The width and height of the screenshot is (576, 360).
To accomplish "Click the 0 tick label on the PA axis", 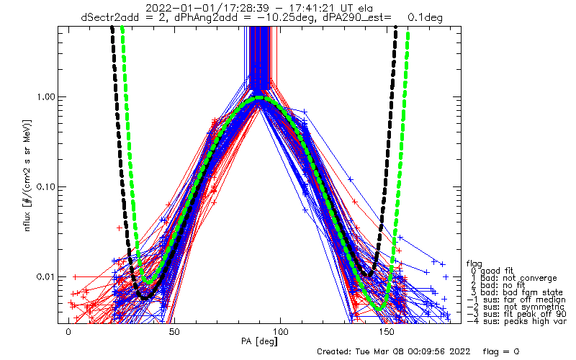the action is (x=68, y=332).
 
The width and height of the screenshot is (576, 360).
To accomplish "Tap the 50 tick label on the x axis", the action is (x=174, y=332).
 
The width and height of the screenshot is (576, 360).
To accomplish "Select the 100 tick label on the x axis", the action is (x=281, y=332).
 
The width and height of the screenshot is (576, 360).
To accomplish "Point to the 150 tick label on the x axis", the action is (x=387, y=332).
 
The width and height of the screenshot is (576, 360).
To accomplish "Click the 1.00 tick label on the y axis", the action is (x=45, y=97).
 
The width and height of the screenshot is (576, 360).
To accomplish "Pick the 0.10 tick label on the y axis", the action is (x=45, y=187).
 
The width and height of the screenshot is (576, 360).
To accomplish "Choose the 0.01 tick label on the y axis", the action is (x=45, y=276).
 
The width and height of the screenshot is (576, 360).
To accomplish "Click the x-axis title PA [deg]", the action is (x=259, y=341).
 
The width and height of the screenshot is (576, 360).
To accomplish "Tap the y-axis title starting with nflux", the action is (x=27, y=175).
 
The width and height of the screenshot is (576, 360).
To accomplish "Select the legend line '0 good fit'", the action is (x=492, y=271).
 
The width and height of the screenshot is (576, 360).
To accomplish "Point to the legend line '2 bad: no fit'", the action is (x=498, y=285).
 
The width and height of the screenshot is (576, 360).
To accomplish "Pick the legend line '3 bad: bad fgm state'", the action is (x=516, y=292).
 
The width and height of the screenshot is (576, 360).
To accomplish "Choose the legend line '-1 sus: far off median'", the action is (x=516, y=300).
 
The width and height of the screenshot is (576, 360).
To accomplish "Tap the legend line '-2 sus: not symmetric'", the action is (x=516, y=307).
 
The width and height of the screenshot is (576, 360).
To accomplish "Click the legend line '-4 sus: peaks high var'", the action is (x=516, y=321).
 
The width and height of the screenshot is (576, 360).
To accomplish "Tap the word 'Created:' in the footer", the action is (x=334, y=351).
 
